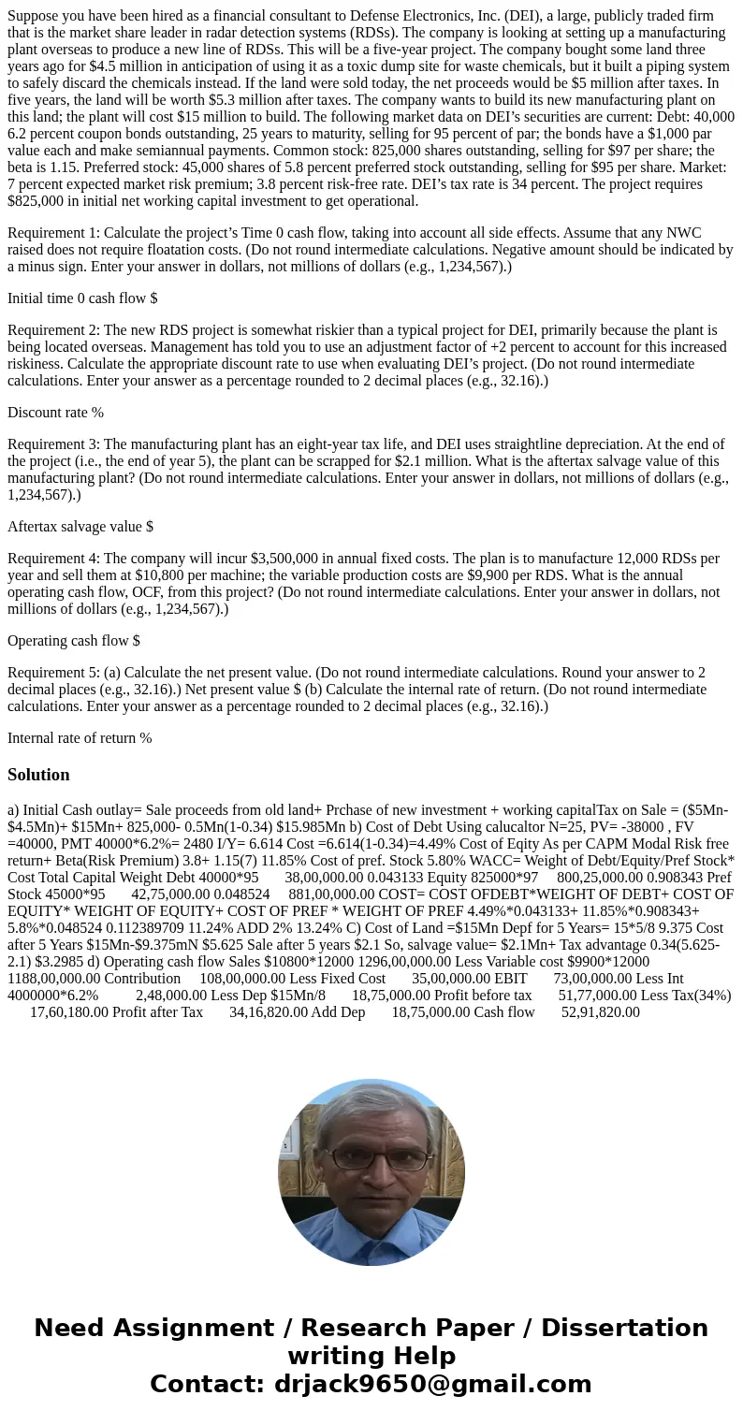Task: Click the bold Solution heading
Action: pyautogui.click(x=38, y=775)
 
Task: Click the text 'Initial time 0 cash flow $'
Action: pyautogui.click(x=82, y=298)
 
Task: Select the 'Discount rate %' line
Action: pyautogui.click(x=55, y=412)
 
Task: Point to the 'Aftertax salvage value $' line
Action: pyautogui.click(x=80, y=526)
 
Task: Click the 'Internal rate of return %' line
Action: pyautogui.click(x=80, y=737)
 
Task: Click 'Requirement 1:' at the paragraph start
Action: pyautogui.click(x=53, y=232)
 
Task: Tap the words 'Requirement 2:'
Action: pyautogui.click(x=53, y=329)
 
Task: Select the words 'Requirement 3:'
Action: pyautogui.click(x=53, y=443)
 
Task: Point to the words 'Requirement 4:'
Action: pyautogui.click(x=53, y=558)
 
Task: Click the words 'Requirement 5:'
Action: pyautogui.click(x=53, y=672)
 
